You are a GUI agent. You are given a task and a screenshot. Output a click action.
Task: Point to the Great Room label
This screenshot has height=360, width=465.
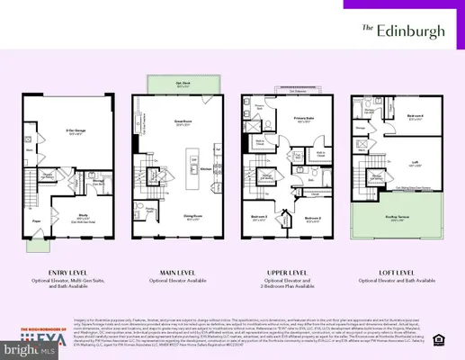pos(184,124)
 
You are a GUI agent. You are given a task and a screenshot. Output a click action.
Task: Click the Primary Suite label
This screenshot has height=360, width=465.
pos(296,121)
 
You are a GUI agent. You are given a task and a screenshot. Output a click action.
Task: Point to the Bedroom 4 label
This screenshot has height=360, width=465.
pos(414,117)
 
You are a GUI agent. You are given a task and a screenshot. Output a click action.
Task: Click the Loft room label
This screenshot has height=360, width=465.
pos(416,164)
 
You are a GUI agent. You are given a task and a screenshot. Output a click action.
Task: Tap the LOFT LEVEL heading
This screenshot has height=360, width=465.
pos(393,271)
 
